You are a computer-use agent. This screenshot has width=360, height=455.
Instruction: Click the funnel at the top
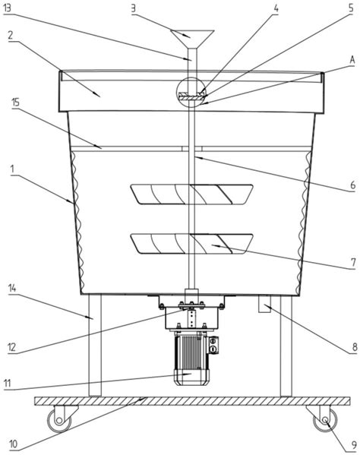192,39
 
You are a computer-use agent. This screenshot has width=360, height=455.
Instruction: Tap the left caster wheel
59,420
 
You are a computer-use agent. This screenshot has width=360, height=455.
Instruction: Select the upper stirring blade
191,194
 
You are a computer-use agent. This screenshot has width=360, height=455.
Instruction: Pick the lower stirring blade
191,244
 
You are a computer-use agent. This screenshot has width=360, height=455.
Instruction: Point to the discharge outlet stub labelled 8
264,304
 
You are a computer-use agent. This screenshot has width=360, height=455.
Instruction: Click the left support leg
95,346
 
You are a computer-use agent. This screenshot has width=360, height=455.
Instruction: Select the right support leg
286,346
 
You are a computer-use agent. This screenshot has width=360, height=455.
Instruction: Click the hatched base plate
192,401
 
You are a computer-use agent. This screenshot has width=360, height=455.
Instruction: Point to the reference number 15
15,102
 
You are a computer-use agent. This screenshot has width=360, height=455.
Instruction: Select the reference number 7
352,262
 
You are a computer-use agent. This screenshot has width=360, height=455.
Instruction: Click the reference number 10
14,444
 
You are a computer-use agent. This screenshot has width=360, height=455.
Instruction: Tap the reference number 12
11,347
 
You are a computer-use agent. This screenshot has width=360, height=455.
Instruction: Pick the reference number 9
354,444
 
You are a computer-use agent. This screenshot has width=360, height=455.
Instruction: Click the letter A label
352,60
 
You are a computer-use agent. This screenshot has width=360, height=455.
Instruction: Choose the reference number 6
352,185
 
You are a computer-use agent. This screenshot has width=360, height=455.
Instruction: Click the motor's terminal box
213,345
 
